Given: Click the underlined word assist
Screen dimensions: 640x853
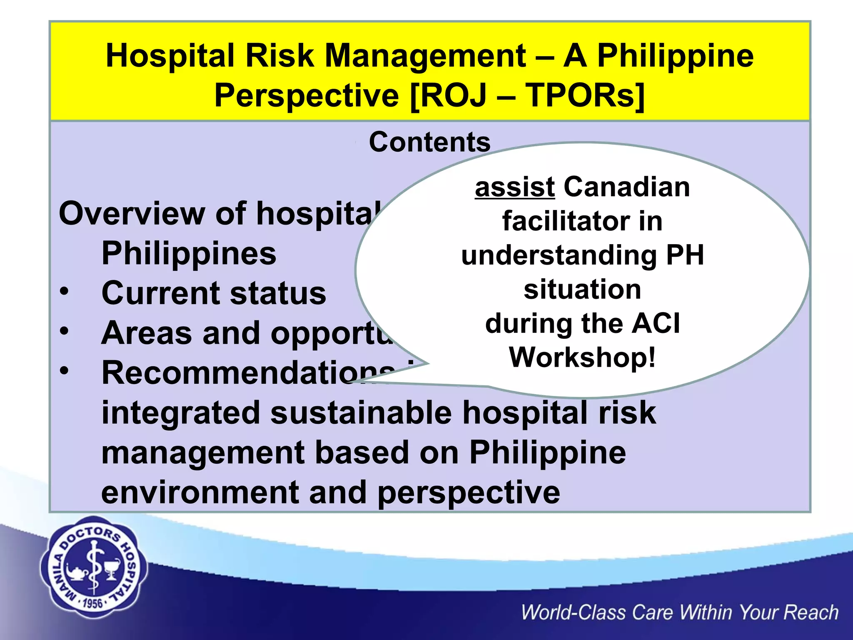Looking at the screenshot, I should click(514, 187).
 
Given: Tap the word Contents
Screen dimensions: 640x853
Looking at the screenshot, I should click(429, 142).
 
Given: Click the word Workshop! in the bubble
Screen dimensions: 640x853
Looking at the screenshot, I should click(582, 357).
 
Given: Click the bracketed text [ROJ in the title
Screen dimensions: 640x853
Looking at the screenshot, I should click(448, 95).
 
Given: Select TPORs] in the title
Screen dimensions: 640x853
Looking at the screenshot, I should click(585, 95).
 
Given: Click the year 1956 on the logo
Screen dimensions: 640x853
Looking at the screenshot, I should click(92, 603).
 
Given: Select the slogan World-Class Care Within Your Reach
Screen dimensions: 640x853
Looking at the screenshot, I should click(679, 613).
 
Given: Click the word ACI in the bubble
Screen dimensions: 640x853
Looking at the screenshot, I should click(656, 323).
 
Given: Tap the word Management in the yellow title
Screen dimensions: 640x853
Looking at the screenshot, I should click(425, 56).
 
